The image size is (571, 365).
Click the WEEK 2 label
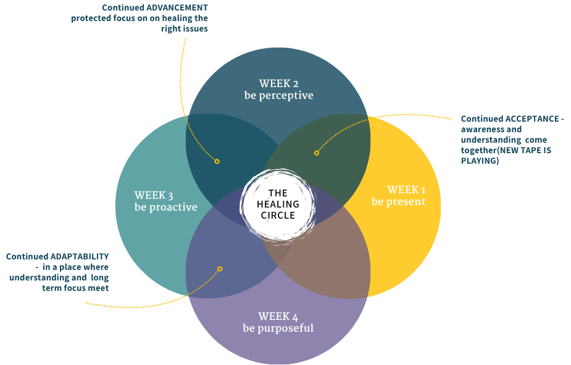(x=279, y=83)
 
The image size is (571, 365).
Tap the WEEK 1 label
(x=407, y=190)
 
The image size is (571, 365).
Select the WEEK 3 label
(x=154, y=196)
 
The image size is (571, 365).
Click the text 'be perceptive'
(x=278, y=96)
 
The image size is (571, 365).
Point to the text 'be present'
(x=398, y=202)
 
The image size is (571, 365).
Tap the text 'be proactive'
(x=165, y=208)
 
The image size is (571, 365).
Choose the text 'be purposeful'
(x=278, y=328)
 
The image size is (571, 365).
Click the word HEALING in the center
(x=278, y=204)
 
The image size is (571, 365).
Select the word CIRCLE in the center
(x=278, y=216)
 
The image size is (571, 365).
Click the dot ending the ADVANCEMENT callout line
(x=217, y=161)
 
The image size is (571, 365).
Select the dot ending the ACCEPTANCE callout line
(x=316, y=153)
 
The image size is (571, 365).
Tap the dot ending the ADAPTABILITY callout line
(x=219, y=269)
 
